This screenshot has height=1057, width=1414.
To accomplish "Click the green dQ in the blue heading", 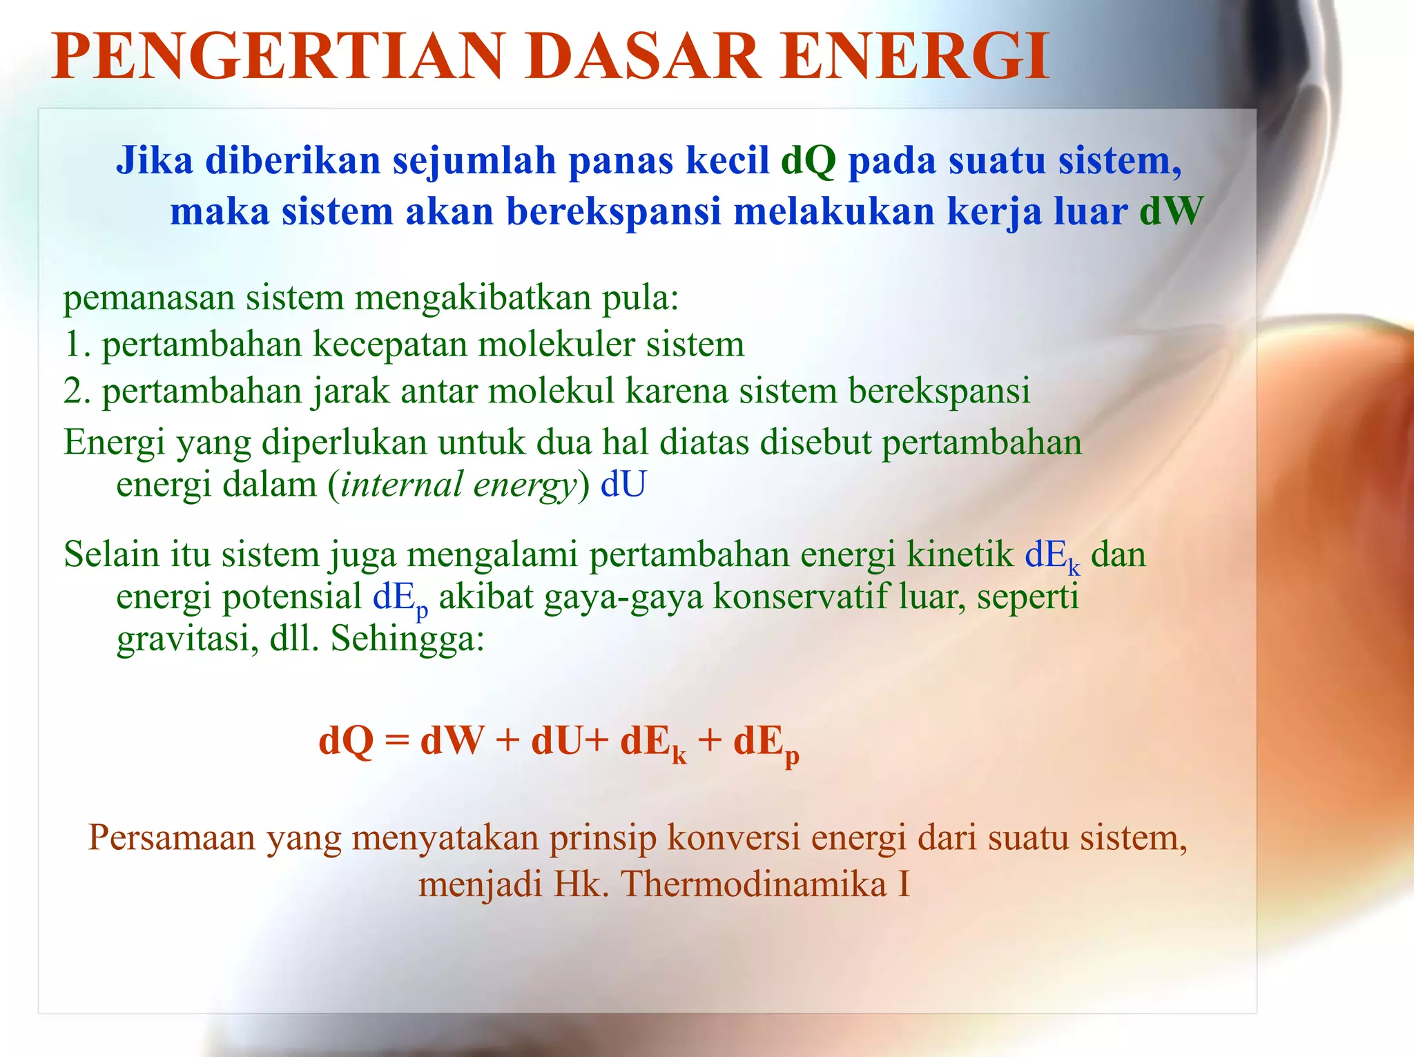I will point(808,160).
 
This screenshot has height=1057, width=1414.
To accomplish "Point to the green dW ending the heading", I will point(1171,211).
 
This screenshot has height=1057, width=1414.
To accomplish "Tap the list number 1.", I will point(75,344).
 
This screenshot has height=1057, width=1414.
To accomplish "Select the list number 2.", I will point(75,391).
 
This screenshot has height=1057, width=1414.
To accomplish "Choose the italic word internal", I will point(401,484).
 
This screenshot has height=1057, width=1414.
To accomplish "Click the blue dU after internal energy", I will point(623,484).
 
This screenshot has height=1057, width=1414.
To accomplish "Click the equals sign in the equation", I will point(397,741).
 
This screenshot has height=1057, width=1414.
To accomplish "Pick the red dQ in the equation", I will point(346,741).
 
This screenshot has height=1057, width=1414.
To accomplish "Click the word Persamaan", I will point(171,838).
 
